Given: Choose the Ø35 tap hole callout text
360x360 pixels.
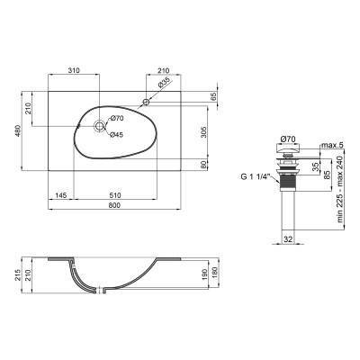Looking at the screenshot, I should (164, 84).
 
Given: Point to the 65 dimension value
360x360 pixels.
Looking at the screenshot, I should (213, 95).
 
